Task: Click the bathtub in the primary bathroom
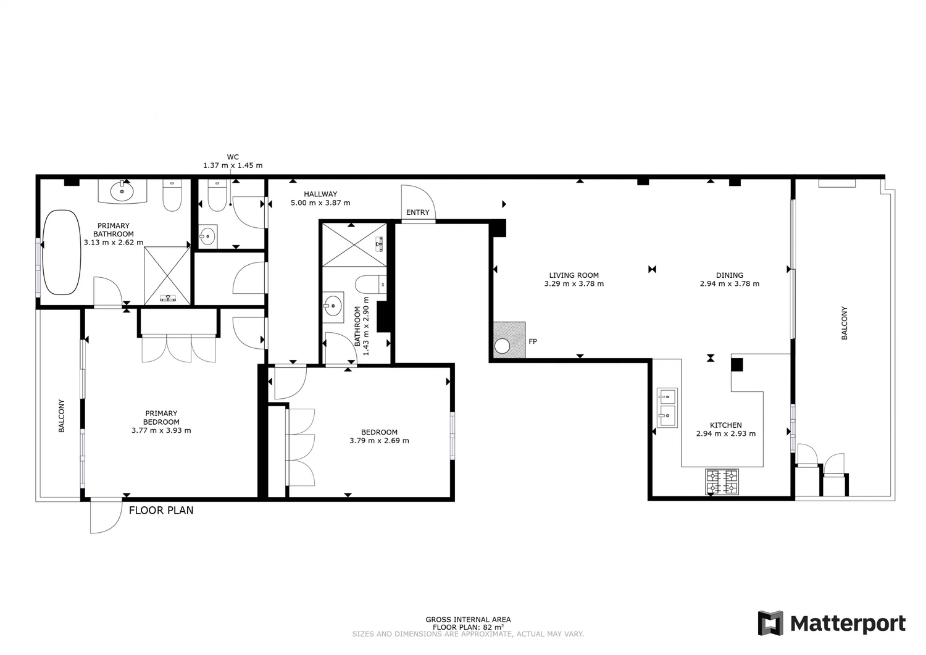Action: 62,252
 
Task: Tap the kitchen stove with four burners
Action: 722,482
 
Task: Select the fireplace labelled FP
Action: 509,340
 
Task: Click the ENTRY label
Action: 417,212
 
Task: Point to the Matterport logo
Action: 832,624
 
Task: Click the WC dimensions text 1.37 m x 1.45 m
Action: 233,165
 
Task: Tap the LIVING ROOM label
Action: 574,275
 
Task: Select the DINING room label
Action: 730,275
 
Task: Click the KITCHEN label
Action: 726,425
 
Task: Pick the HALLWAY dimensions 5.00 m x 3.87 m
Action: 320,203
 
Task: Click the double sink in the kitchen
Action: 667,407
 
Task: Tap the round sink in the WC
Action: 207,237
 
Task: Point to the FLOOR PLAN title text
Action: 161,511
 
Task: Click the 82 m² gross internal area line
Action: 468,627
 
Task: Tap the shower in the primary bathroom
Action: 167,276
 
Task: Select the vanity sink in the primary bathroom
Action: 122,191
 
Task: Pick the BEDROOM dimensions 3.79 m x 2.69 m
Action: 380,441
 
